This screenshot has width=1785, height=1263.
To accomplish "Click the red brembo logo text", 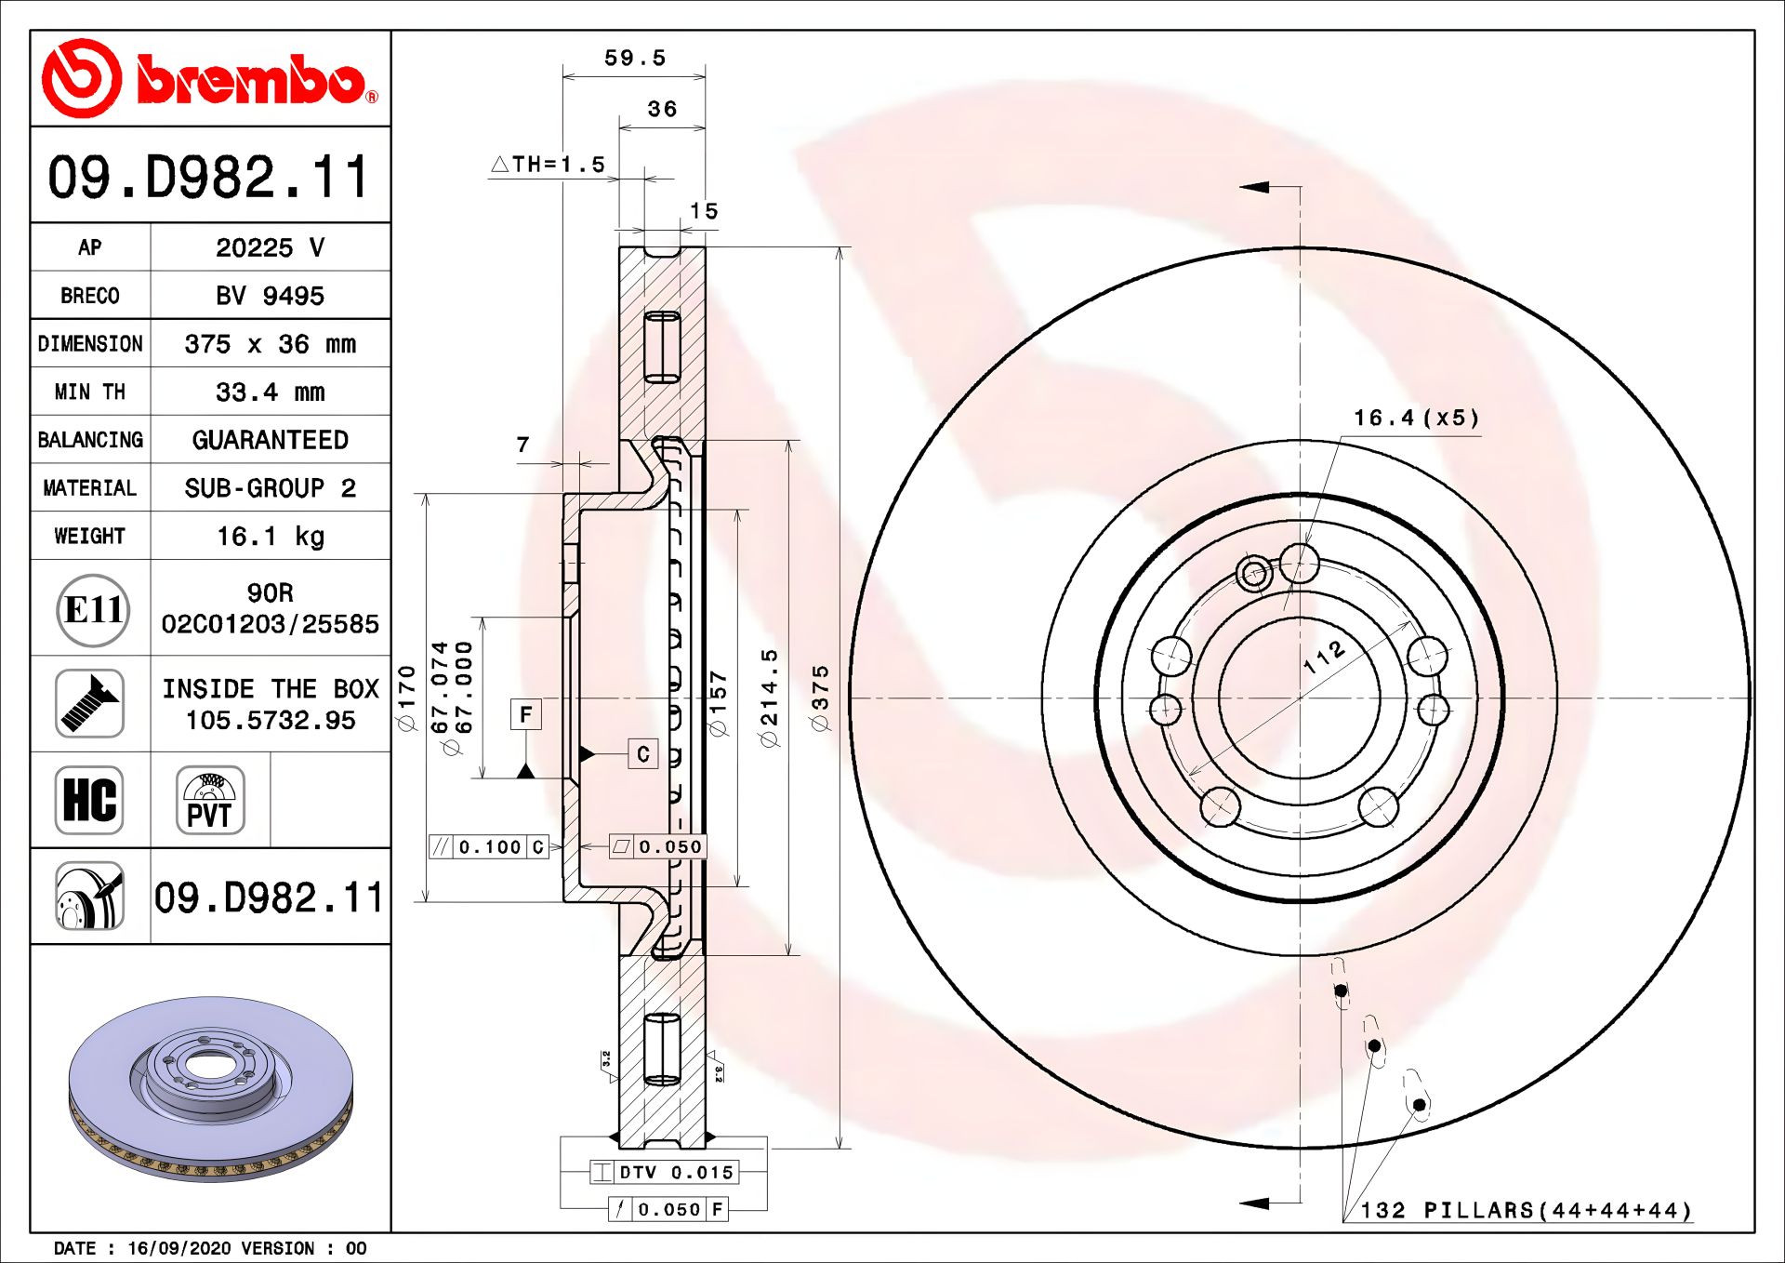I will point(251,80).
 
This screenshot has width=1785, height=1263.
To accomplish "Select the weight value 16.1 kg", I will point(270,537).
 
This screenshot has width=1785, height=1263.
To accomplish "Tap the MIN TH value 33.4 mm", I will point(270,392).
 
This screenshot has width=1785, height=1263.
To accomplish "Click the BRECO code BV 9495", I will point(270,296).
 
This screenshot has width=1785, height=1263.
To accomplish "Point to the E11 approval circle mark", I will point(92,610).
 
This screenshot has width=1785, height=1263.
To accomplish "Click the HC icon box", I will point(89,800).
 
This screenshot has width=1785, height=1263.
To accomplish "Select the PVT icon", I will point(210,800).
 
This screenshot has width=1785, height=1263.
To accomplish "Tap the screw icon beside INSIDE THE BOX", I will point(89,704).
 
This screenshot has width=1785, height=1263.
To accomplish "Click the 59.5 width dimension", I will point(635,59).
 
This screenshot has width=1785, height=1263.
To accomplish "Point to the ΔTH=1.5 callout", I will point(549,165).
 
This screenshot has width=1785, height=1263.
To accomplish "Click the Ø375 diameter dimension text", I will point(820,698).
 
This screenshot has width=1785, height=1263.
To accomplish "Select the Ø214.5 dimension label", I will point(769,698).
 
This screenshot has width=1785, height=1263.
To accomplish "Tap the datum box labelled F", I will point(526,714).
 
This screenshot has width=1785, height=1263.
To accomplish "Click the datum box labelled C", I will point(643,754).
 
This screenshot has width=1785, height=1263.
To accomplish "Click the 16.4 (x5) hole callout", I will point(1416,419).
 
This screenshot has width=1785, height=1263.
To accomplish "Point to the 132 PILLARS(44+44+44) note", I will point(1525,1211).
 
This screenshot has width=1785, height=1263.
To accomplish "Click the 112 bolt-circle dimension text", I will point(1324,657).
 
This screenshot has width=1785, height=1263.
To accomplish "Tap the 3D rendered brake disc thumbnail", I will point(211,1088).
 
